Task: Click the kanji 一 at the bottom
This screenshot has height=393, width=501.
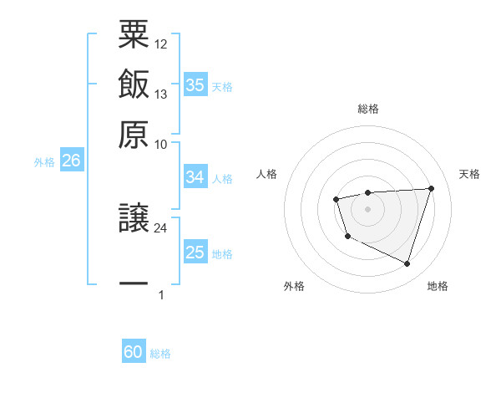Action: (x=134, y=284)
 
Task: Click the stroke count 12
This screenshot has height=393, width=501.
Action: (x=161, y=43)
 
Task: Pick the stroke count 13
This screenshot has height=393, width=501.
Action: (x=161, y=94)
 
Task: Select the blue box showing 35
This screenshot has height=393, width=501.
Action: (x=195, y=85)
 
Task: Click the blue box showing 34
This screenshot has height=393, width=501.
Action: (x=195, y=177)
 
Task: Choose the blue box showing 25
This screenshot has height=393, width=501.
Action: (x=195, y=253)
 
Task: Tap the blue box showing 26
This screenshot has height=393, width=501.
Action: (x=71, y=161)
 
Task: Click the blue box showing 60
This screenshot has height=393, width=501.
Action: (x=133, y=353)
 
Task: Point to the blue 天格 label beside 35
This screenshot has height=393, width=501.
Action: (x=222, y=87)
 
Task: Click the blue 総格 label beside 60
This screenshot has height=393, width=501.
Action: (x=160, y=355)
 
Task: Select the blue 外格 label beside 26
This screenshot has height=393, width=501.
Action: (x=44, y=163)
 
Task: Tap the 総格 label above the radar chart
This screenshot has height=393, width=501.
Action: (x=368, y=109)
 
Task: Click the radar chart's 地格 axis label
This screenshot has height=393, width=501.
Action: (x=438, y=287)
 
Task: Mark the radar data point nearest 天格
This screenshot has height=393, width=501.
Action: (x=431, y=188)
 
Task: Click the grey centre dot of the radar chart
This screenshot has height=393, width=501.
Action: (x=367, y=208)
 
